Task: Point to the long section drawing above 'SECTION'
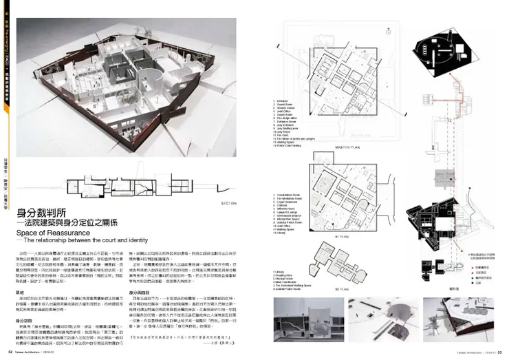137,180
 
